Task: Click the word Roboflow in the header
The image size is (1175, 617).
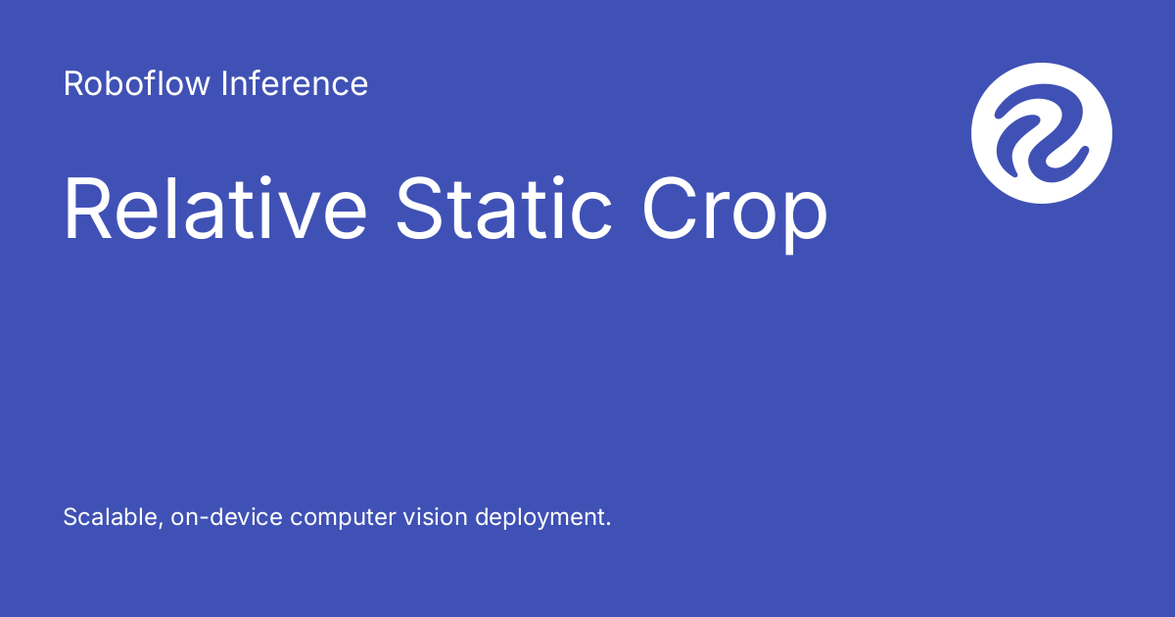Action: (x=137, y=84)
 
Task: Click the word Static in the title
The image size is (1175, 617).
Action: (x=504, y=209)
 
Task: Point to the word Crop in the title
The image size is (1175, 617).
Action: (x=734, y=211)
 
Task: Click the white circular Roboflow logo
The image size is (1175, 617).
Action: (x=1042, y=133)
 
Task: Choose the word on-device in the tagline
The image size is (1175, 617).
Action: (x=229, y=517)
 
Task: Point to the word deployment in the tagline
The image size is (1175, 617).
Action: (x=540, y=518)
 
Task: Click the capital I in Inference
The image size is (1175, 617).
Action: (x=224, y=84)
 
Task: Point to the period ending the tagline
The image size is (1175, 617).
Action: (x=608, y=525)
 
